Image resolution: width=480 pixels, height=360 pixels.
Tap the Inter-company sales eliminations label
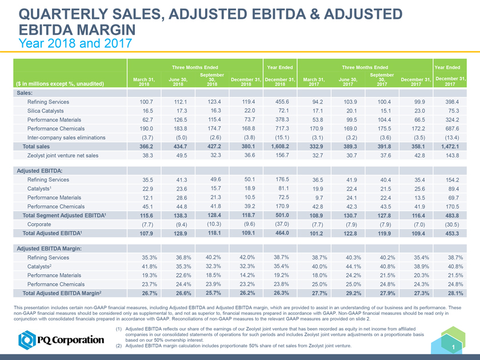point(66,137)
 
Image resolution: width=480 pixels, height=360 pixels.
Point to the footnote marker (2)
point(118,346)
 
